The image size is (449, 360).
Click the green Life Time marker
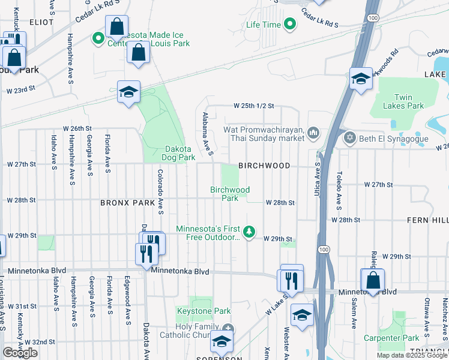click(x=290, y=25)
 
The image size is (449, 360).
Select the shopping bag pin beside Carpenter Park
click(x=373, y=280)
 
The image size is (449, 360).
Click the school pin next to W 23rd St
click(x=128, y=92)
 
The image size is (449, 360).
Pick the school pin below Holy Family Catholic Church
click(x=221, y=343)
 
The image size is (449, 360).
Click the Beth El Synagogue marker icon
click(x=350, y=139)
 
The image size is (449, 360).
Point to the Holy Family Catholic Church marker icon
click(x=228, y=328)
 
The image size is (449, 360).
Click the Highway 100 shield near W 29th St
click(x=324, y=249)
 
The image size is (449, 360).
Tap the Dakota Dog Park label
click(x=180, y=153)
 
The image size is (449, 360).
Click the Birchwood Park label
click(x=229, y=194)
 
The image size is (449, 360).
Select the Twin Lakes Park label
click(x=409, y=101)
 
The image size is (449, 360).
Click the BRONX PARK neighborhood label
click(x=128, y=203)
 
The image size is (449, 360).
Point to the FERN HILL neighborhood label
click(x=432, y=220)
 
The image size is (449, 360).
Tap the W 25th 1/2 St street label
click(x=254, y=106)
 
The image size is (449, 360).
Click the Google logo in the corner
click(x=20, y=353)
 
